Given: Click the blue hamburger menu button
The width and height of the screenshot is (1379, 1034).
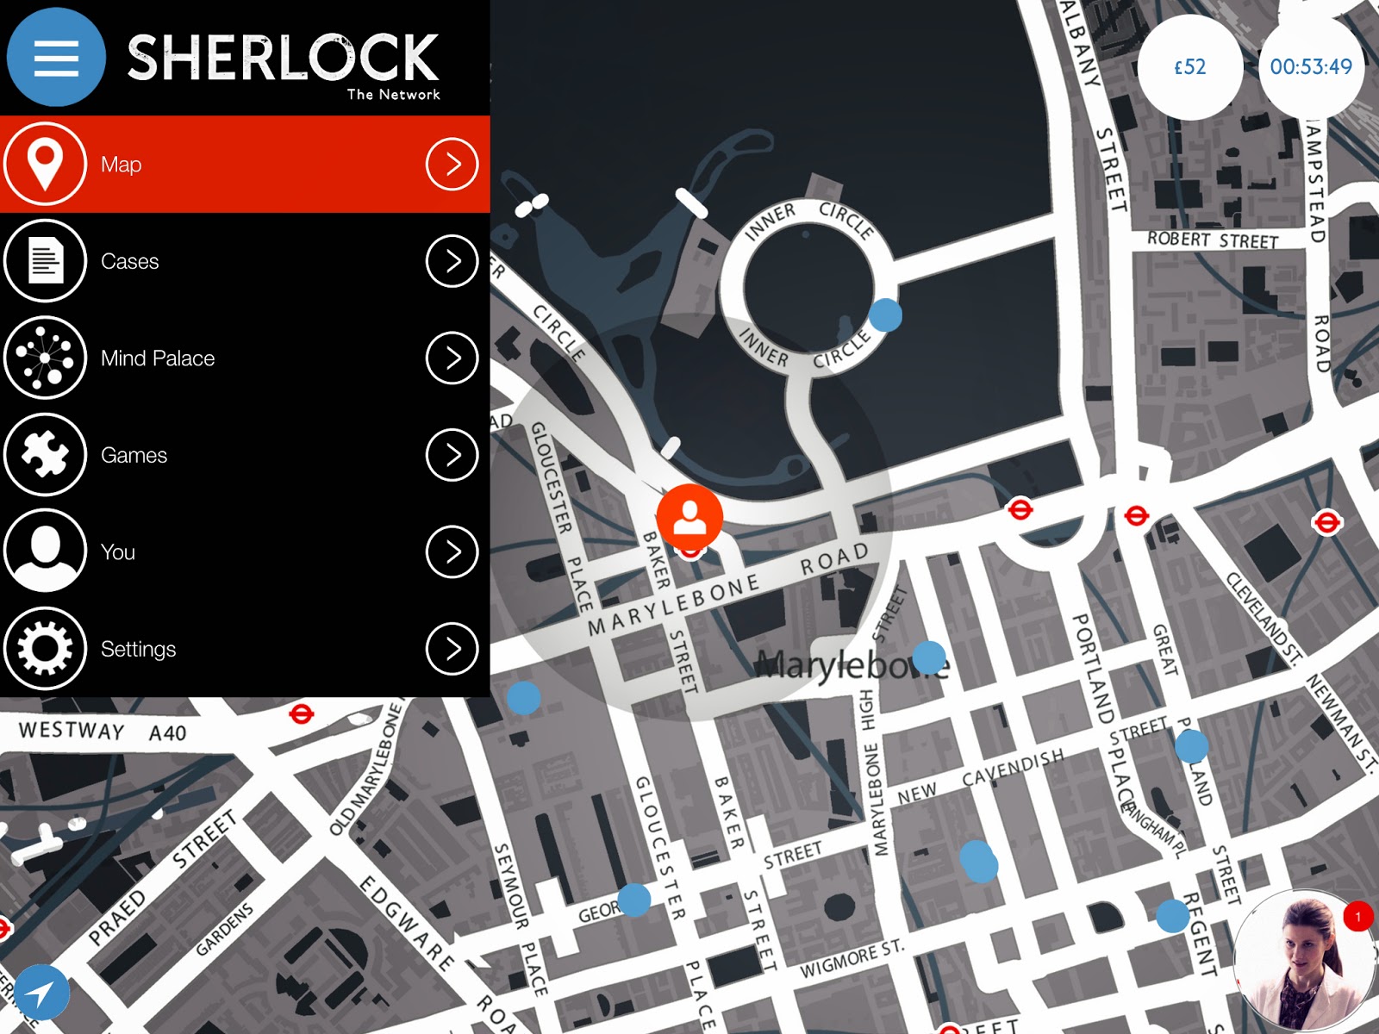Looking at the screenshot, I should click(x=56, y=58).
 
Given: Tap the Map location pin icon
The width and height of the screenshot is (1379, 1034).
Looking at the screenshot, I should click(x=46, y=164).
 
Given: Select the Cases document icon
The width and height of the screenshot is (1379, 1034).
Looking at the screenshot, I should click(x=46, y=260).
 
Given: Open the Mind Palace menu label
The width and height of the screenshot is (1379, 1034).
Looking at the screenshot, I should click(x=158, y=358).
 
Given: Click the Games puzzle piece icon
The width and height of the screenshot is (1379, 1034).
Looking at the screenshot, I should click(x=46, y=454).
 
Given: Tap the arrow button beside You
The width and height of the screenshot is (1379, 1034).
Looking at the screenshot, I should click(x=452, y=551).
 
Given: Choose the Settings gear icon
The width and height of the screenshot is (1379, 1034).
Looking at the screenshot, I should click(x=46, y=648).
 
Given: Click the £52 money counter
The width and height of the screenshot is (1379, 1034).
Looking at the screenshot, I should click(x=1190, y=67).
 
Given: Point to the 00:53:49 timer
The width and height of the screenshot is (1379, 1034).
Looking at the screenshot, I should click(x=1311, y=67).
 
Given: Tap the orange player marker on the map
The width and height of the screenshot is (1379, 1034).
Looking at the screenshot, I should click(x=689, y=515).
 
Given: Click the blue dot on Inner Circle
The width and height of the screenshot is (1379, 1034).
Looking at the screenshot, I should click(x=885, y=315).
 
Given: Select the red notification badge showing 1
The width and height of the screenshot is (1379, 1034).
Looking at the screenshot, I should click(x=1358, y=916).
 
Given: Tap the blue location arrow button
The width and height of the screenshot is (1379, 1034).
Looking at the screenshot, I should click(x=41, y=994).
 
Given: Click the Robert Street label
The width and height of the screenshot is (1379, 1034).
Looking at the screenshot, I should click(x=1212, y=240).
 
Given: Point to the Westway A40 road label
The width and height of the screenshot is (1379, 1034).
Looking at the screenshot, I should click(x=102, y=732).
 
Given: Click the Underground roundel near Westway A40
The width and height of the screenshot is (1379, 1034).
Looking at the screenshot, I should click(x=302, y=714).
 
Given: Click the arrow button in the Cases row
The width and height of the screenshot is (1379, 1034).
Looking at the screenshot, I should click(x=452, y=260).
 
